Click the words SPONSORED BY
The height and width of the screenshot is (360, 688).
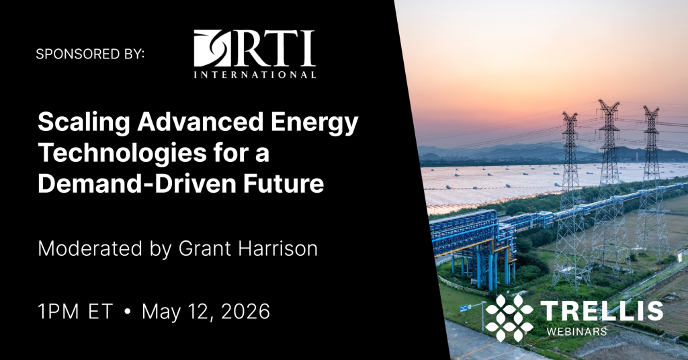pyautogui.click(x=90, y=54)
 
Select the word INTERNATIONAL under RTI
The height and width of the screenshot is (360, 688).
pyautogui.click(x=255, y=74)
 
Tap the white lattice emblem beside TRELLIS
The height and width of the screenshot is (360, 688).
pyautogui.click(x=509, y=315)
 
